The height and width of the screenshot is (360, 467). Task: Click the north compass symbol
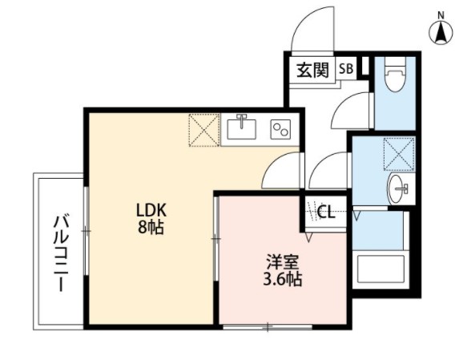tap(441, 31)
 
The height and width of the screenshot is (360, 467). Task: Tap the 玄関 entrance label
tap(313, 70)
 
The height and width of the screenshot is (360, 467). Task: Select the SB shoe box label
tap(346, 69)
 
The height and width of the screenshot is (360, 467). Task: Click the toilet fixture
tap(394, 79)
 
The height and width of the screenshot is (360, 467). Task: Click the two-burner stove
tap(280, 128)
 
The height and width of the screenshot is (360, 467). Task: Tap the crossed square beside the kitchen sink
tap(203, 129)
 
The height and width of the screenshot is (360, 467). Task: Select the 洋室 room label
tap(283, 262)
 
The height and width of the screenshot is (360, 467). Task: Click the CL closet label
tap(326, 212)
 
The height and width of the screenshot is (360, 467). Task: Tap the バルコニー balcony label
tap(60, 251)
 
